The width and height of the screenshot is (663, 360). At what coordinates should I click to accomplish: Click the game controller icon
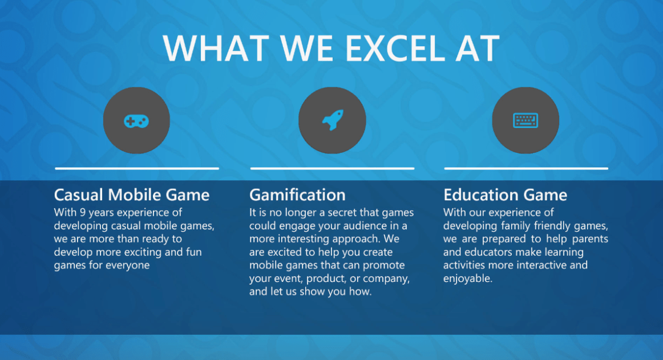coord(136,120)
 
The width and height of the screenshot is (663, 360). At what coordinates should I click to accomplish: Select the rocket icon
coord(332,120)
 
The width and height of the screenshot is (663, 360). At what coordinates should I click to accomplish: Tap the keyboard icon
coord(525,120)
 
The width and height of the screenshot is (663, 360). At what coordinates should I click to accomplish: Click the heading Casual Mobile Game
coord(132,195)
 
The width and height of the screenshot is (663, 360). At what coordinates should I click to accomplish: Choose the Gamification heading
coord(297,195)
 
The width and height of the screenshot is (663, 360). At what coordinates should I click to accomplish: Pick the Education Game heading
coord(505,195)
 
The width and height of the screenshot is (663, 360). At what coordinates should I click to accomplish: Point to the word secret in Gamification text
coord(349,213)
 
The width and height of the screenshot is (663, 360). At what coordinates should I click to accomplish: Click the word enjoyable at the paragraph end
coord(467,279)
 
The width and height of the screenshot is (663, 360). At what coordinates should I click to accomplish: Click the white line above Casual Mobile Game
coord(137,168)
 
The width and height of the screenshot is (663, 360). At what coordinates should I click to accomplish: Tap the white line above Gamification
coord(332,168)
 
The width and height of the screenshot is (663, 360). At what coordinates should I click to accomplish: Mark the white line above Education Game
coord(526,168)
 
